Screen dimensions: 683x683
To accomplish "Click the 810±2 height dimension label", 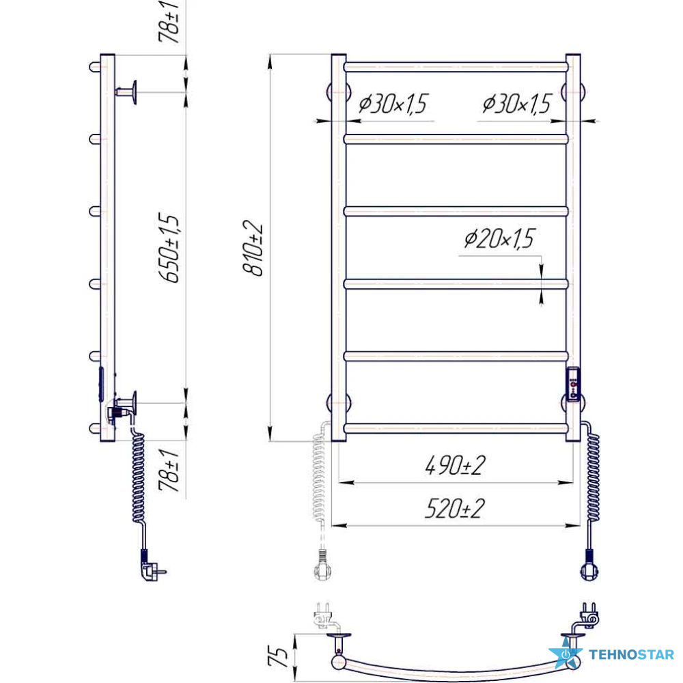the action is tap(253, 249).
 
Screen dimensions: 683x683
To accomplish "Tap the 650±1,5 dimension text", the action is tap(169, 248).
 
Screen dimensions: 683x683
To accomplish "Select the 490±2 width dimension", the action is tap(455, 465).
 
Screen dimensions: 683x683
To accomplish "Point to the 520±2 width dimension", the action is tap(455, 508).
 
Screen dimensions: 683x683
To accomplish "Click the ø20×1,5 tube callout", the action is tap(499, 238).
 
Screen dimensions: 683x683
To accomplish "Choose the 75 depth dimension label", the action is tap(278, 657).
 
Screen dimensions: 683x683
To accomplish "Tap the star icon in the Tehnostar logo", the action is tap(566, 653).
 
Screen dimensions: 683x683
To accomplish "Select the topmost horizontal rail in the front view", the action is tap(456, 67).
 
